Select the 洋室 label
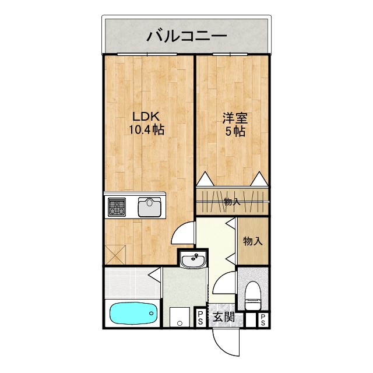point(235,117)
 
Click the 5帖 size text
point(235,132)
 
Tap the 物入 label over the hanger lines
point(232,202)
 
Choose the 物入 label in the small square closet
point(252,241)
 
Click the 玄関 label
point(223,318)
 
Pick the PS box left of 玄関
point(200,318)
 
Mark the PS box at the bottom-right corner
point(263,319)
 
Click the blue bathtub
point(134,315)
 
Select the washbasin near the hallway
point(192,261)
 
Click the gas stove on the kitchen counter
point(116,207)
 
